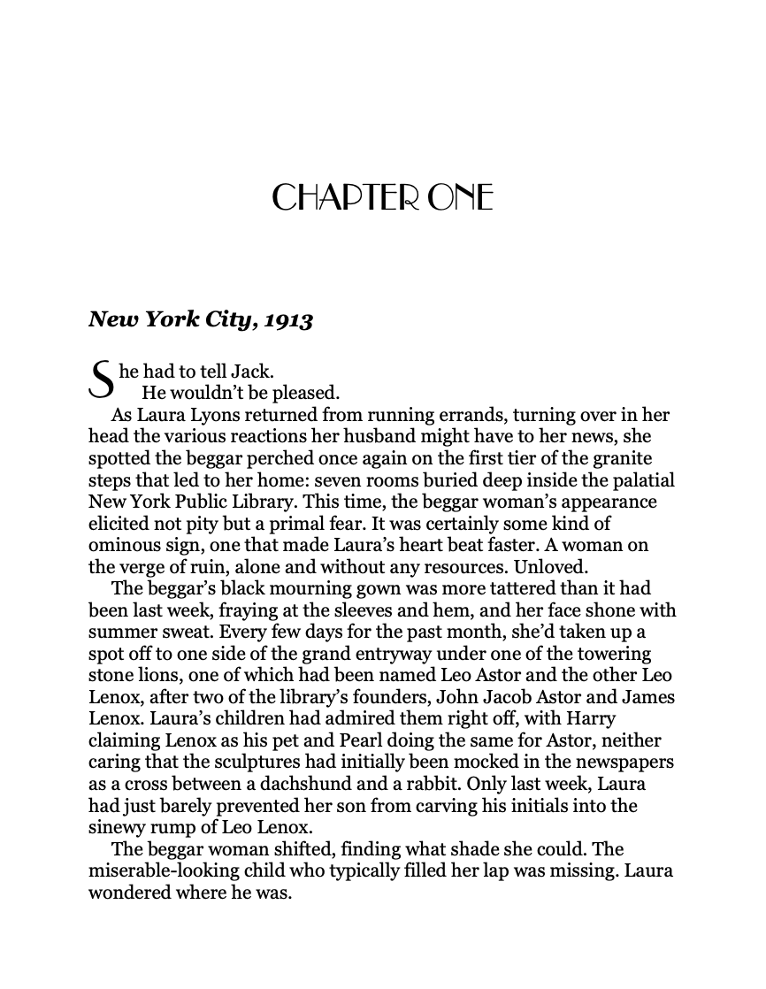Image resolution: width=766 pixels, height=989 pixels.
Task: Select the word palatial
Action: [640, 480]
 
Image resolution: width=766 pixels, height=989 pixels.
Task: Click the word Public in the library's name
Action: [202, 502]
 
